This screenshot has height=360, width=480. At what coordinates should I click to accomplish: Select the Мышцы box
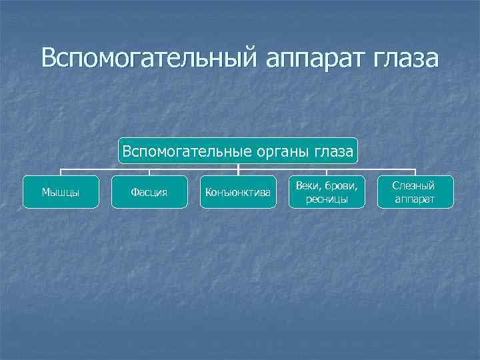(x=61, y=192)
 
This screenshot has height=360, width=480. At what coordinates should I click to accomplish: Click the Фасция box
(x=149, y=192)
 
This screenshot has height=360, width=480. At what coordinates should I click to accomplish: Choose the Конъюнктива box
(x=238, y=192)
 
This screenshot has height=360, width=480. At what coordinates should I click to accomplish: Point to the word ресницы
(x=327, y=199)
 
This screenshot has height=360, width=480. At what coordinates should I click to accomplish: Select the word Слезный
(x=414, y=186)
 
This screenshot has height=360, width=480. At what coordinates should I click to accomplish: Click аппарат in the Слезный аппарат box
(x=414, y=199)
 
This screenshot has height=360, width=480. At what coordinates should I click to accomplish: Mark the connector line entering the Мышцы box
(x=61, y=172)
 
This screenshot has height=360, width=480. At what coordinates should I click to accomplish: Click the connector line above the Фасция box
(x=149, y=172)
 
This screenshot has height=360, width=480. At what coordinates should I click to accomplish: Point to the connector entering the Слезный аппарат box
(x=415, y=172)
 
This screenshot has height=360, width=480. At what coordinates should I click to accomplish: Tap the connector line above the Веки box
(x=327, y=172)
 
